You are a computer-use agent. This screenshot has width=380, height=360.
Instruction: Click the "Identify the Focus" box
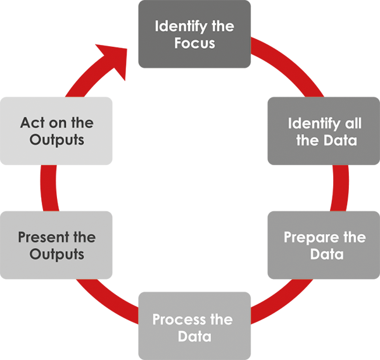click(x=194, y=34)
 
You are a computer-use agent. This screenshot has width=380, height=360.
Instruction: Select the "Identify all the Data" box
click(x=324, y=131)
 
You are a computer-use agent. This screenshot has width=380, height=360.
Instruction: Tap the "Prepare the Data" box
click(x=324, y=245)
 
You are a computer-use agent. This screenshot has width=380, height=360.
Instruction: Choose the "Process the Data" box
click(x=194, y=326)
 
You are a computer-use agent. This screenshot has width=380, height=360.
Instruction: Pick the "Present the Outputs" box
click(x=56, y=245)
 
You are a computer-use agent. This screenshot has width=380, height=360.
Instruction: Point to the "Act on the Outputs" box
click(x=56, y=131)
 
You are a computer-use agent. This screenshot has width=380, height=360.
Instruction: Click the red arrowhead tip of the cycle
click(x=127, y=49)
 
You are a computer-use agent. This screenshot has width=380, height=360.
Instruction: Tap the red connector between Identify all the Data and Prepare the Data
click(x=341, y=188)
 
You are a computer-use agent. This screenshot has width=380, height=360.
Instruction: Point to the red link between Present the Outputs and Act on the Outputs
click(x=49, y=188)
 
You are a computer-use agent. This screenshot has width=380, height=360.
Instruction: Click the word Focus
click(x=194, y=43)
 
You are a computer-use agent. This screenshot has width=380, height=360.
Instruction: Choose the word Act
click(x=33, y=123)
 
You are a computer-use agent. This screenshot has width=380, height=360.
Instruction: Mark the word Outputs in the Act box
click(x=57, y=140)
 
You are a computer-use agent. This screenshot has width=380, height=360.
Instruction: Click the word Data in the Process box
click(x=194, y=337)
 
